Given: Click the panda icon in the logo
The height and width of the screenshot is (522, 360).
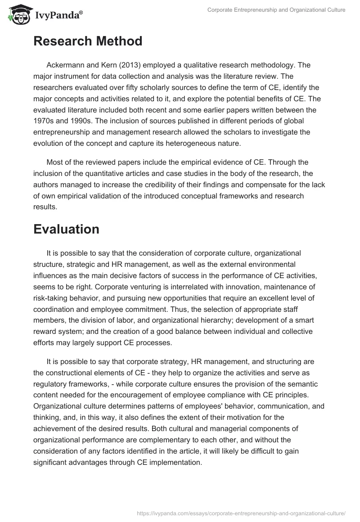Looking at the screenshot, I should pos(18,14).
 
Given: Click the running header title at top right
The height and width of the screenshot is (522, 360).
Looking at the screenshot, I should pos(276,10).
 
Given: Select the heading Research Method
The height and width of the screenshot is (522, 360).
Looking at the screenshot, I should pos(88,41).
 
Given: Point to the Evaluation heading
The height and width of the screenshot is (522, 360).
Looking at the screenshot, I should pos(66,229).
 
